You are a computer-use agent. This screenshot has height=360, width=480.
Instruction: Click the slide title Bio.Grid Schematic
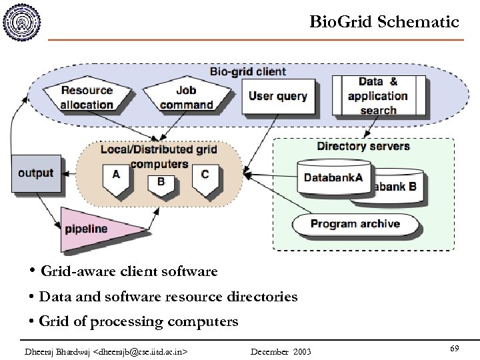(384, 22)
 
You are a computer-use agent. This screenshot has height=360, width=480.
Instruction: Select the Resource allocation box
(87, 97)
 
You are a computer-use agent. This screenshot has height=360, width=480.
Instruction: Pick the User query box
(277, 96)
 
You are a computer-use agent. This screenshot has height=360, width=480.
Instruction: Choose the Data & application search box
(378, 95)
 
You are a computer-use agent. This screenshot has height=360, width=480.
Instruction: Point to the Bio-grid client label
(247, 71)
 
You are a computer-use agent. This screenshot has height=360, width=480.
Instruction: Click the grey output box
(36, 173)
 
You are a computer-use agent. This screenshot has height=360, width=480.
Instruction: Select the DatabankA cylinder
(333, 177)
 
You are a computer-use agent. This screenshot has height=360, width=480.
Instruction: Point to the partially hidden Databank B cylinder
(400, 187)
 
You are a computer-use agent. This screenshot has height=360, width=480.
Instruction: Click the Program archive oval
(355, 225)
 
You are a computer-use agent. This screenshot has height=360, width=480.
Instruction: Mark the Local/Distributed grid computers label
(159, 156)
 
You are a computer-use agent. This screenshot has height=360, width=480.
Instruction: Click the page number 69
(454, 349)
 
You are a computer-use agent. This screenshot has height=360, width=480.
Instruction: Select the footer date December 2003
(281, 351)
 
